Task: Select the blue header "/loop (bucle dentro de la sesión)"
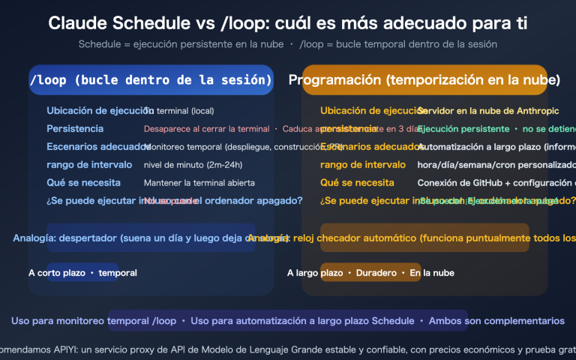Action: pos(150,79)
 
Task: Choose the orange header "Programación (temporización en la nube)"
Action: pos(424,79)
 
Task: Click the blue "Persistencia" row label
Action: pos(75,129)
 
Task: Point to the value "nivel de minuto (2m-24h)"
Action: pos(193,164)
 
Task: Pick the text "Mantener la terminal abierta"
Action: pos(199,182)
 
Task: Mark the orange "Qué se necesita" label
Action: pos(356,182)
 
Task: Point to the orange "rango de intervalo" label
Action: pos(363,164)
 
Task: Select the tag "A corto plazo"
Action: pos(56,273)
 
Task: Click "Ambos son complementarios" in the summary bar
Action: pos(496,321)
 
